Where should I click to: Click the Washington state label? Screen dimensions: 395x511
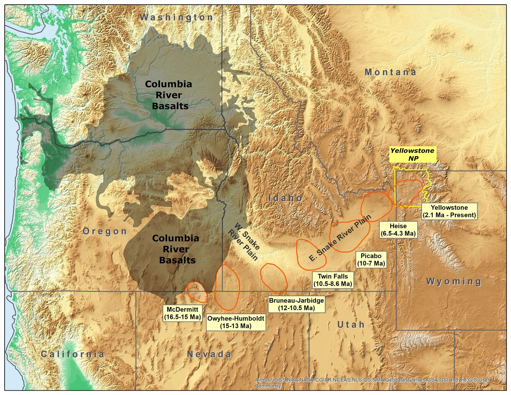[176, 17]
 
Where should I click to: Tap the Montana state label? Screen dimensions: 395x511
[390, 72]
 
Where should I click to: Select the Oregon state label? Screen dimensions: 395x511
[105, 231]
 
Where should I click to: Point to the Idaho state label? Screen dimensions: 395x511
[286, 198]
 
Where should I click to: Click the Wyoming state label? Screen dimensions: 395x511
[454, 282]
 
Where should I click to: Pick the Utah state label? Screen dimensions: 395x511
[351, 325]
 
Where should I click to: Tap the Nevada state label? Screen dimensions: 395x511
[209, 354]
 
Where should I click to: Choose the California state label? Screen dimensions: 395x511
[73, 354]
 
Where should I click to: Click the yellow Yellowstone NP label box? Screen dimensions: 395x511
[412, 155]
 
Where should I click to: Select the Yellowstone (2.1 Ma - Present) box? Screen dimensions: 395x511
[449, 211]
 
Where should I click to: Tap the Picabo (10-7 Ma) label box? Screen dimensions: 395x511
[371, 260]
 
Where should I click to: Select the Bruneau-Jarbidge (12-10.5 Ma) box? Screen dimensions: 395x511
[296, 304]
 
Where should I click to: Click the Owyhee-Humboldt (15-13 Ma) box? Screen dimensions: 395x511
[236, 322]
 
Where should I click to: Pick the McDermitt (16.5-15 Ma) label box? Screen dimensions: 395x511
[182, 313]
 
